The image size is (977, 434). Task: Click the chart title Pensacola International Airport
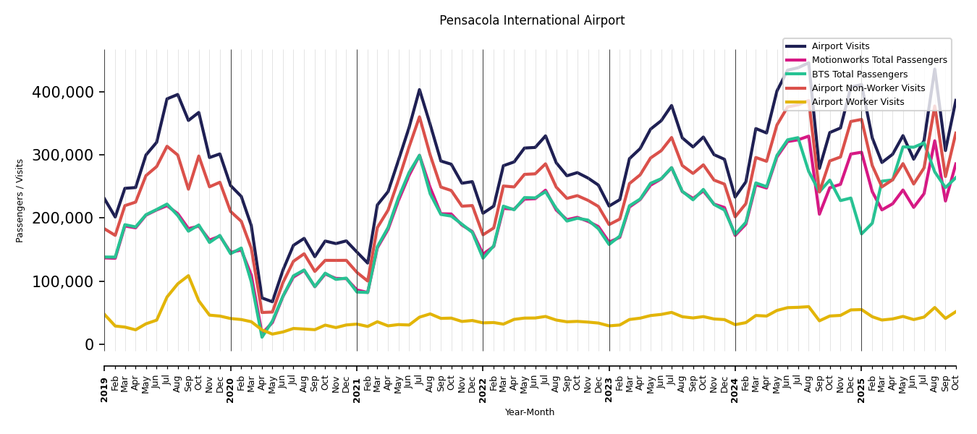532,21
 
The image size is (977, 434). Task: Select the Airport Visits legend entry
840,46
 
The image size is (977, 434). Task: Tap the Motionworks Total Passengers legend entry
879,60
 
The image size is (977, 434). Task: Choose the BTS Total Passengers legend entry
859,75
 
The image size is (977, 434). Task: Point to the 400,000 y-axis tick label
63,93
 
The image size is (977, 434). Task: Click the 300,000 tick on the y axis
63,156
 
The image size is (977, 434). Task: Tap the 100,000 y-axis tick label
63,282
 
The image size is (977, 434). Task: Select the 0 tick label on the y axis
90,345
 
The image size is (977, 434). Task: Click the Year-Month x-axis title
530,412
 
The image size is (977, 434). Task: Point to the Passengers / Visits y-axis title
20,200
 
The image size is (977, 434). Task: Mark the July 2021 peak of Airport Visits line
419,90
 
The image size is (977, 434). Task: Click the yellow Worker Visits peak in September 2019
188,276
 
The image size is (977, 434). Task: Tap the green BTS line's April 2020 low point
262,336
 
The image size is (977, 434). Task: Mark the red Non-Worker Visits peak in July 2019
167,147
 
